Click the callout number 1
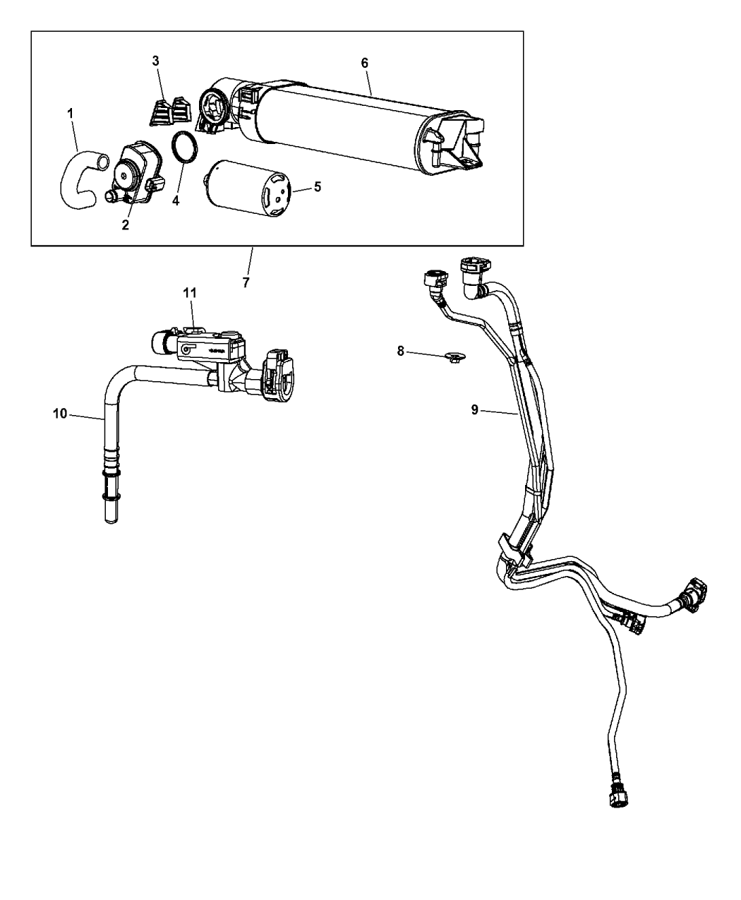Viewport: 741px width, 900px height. [x=69, y=113]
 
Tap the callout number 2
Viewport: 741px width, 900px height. [x=125, y=224]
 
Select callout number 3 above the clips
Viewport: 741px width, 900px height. [x=156, y=61]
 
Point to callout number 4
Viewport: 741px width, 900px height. [x=176, y=201]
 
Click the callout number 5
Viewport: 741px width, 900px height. [x=318, y=187]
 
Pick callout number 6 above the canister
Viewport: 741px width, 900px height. [x=364, y=63]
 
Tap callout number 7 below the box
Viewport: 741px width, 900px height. [x=246, y=282]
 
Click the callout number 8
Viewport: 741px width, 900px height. [x=400, y=351]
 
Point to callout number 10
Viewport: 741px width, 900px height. [x=59, y=414]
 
